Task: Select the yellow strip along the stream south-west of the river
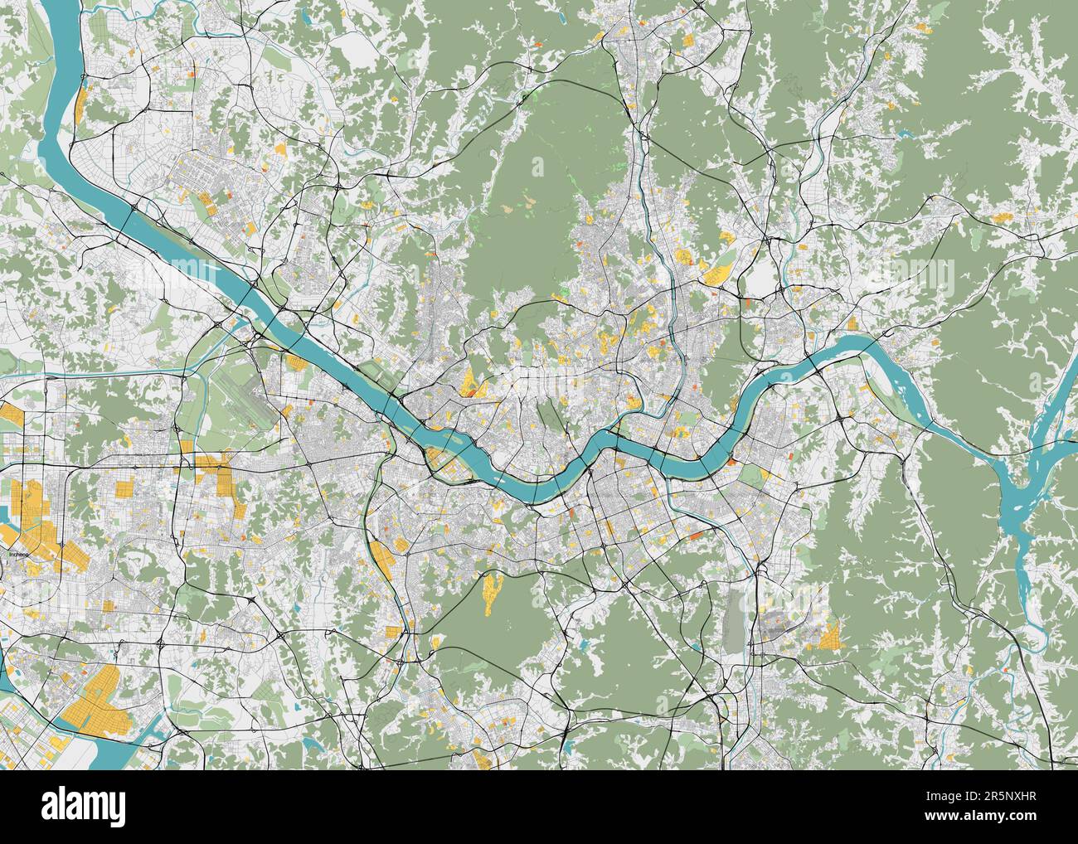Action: point(383,560)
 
